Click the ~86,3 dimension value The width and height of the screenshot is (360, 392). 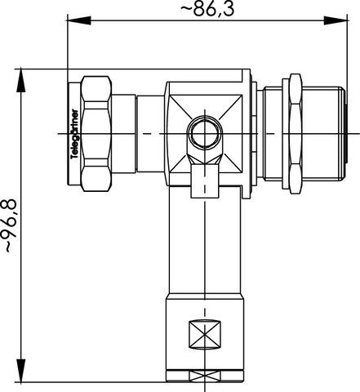(207, 9)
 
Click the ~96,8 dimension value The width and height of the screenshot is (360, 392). (11, 225)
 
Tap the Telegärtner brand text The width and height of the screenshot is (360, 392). (74, 134)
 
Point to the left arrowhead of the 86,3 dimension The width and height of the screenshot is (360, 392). (79, 20)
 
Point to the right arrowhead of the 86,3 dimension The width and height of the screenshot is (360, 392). (336, 20)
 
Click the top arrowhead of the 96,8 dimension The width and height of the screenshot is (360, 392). (21, 81)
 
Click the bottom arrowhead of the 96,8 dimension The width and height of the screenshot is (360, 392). (21, 371)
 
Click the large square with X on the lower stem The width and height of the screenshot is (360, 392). (205, 335)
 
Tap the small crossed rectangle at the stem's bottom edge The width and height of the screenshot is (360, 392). (205, 376)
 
